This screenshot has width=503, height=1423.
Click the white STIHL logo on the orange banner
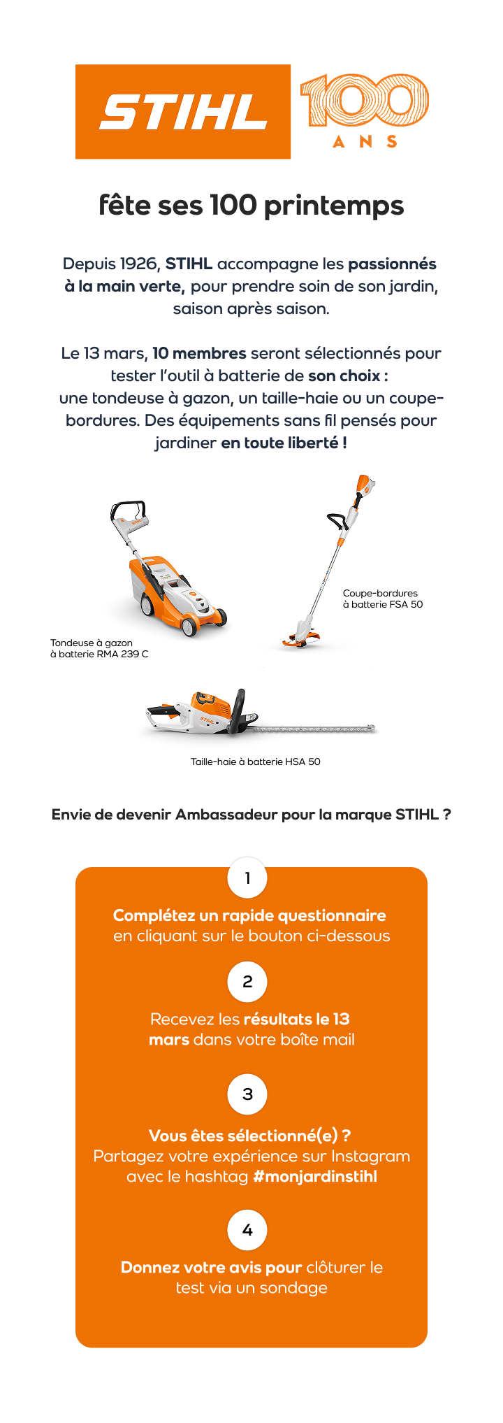coord(183,113)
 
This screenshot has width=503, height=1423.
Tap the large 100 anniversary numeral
coord(365,100)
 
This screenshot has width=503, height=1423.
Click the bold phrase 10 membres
coord(199,354)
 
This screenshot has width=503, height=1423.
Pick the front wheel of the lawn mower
coord(189,626)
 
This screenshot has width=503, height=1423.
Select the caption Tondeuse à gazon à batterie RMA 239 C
coord(99,649)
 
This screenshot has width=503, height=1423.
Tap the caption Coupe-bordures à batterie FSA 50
coord(383,599)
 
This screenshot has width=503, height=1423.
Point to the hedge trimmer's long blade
coord(314,729)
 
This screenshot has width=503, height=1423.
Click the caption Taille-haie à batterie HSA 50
coord(256,762)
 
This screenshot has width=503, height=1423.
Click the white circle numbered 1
coord(247,878)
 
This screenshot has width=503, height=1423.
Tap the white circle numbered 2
coord(247,982)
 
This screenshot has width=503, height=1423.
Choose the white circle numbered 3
coord(247,1094)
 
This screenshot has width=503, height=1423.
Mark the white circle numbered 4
coord(247,1230)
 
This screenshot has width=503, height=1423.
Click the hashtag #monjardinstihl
coord(315,1177)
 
